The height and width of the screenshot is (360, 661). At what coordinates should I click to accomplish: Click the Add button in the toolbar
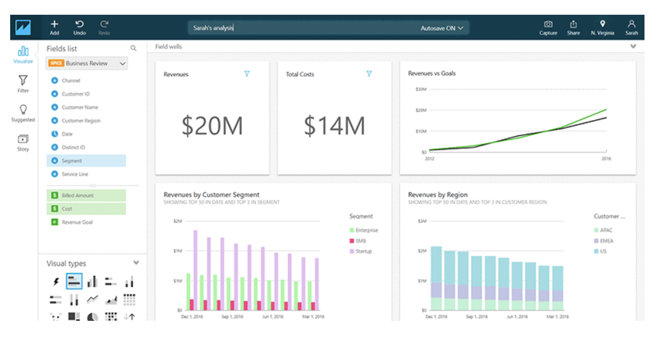(x=54, y=27)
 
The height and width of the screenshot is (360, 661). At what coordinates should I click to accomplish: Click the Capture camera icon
(x=548, y=27)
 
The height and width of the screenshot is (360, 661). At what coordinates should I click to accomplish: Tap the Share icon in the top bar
(x=573, y=27)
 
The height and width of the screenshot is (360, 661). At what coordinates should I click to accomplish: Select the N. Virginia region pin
(x=602, y=27)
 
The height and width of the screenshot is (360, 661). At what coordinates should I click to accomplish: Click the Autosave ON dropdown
(x=441, y=28)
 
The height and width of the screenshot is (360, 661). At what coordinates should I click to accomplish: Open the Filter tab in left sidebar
(x=23, y=83)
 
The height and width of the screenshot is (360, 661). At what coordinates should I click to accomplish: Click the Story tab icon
(x=23, y=142)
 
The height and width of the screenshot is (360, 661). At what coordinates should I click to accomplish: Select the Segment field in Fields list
(x=72, y=161)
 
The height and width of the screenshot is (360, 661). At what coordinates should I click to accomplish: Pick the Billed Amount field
(x=77, y=195)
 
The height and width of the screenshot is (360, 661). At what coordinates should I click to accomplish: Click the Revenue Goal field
(x=77, y=222)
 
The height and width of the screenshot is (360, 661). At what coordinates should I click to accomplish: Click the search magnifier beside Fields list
(x=133, y=48)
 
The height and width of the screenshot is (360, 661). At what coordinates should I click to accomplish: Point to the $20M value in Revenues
(x=212, y=126)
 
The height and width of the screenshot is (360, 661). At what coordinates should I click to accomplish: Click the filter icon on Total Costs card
(x=369, y=74)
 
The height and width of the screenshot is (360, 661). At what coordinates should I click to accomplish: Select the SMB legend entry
(x=360, y=241)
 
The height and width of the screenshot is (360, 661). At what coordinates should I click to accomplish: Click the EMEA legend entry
(x=606, y=241)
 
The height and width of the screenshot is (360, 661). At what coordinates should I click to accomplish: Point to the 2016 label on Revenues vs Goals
(x=605, y=159)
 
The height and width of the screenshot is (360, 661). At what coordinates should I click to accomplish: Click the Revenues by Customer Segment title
(x=212, y=194)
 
